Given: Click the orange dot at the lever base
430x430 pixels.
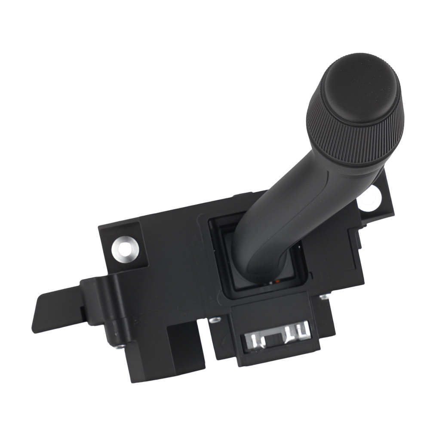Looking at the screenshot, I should (x=278, y=282).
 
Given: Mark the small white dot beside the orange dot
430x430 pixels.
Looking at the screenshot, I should (x=270, y=283).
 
